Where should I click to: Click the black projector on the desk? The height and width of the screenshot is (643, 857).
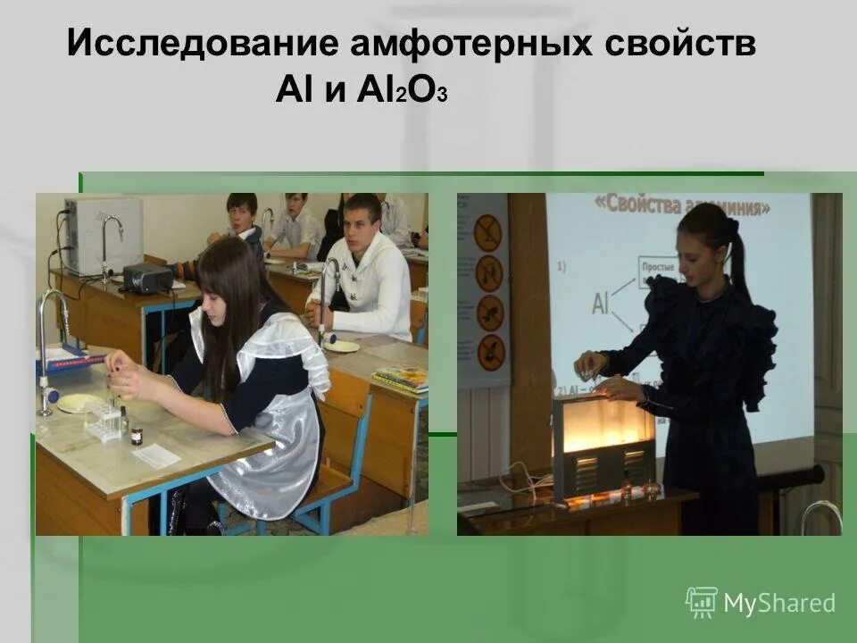pyautogui.click(x=147, y=278)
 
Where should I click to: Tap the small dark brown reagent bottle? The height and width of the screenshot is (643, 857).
pyautogui.click(x=137, y=435)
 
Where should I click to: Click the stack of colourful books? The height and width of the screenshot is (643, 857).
pyautogui.click(x=401, y=378)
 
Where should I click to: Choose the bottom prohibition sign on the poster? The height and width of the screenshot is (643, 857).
pyautogui.click(x=490, y=352)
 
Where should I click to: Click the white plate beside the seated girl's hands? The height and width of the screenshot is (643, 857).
pyautogui.click(x=79, y=402)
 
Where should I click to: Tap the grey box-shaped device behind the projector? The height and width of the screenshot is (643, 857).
pyautogui.click(x=102, y=236)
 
